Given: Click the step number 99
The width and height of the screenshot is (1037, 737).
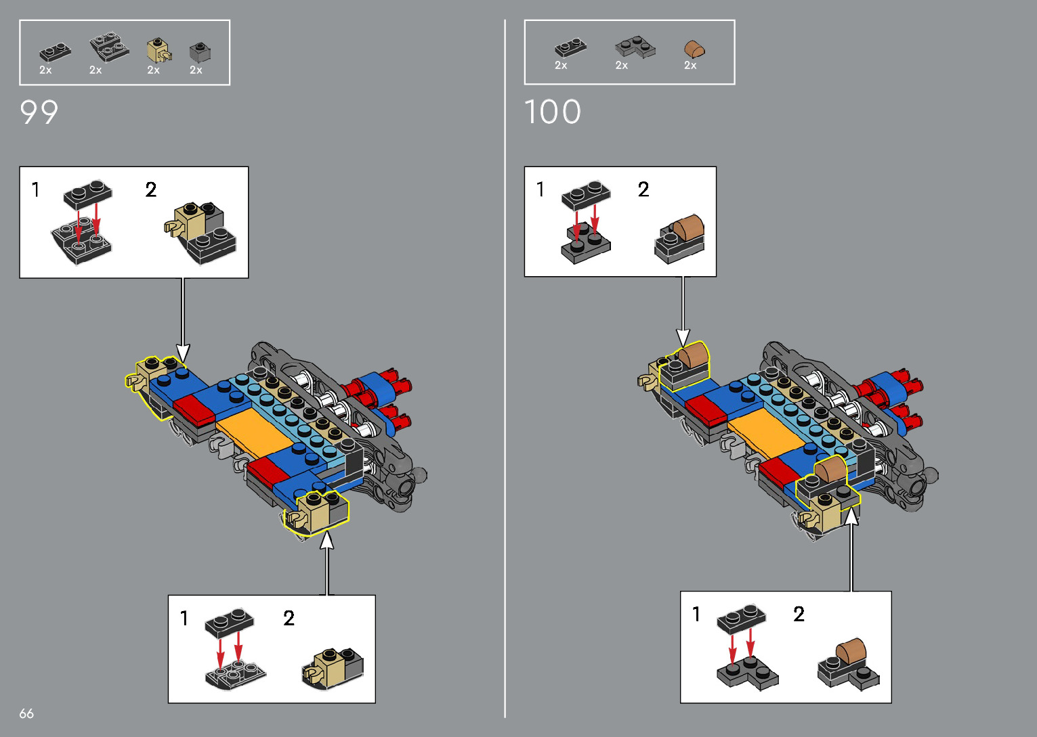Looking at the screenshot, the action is click(39, 112).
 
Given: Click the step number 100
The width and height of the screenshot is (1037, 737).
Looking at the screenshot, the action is click(553, 112).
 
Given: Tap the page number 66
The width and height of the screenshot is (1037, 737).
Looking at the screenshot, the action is click(26, 713).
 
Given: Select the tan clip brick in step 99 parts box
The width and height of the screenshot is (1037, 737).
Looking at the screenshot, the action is click(158, 50).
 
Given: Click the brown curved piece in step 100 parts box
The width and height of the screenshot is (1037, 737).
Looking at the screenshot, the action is click(694, 49).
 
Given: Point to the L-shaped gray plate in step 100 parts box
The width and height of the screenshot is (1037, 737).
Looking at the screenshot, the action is click(635, 47).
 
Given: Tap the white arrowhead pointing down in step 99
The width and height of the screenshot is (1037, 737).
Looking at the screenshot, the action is click(182, 352).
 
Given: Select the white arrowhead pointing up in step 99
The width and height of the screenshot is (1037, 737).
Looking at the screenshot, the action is click(327, 541).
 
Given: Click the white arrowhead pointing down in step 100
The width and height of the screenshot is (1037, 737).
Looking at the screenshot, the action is click(683, 337).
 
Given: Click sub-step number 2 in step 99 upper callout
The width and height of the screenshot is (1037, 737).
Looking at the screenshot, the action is click(151, 189).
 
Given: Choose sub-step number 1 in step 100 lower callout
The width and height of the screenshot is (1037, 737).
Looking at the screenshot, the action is click(696, 614).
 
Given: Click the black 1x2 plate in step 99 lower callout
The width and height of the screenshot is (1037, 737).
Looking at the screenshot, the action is click(230, 623).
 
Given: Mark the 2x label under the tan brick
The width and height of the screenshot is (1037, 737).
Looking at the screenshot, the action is click(154, 70).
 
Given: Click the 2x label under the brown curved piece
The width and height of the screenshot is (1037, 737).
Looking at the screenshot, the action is click(690, 66).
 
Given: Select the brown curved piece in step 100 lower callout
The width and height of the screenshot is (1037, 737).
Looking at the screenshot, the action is click(851, 650).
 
